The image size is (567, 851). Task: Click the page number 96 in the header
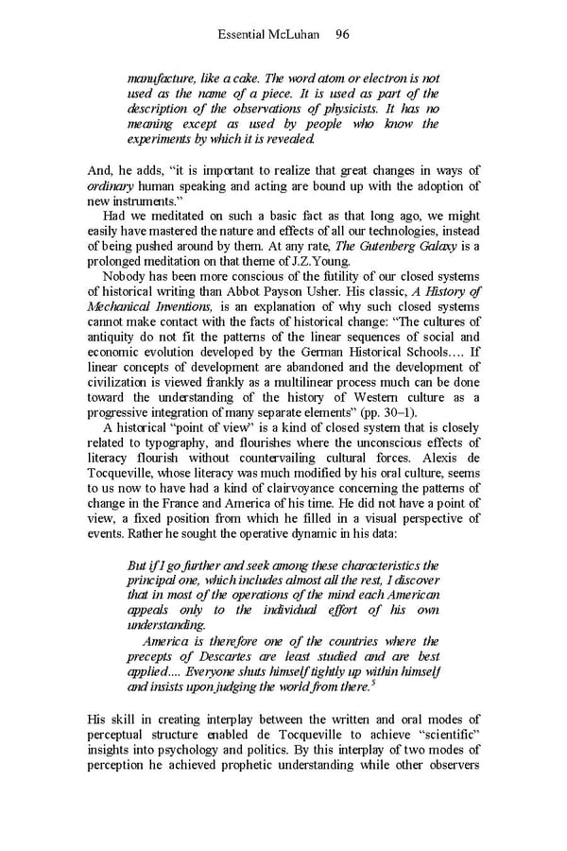click(x=342, y=34)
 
